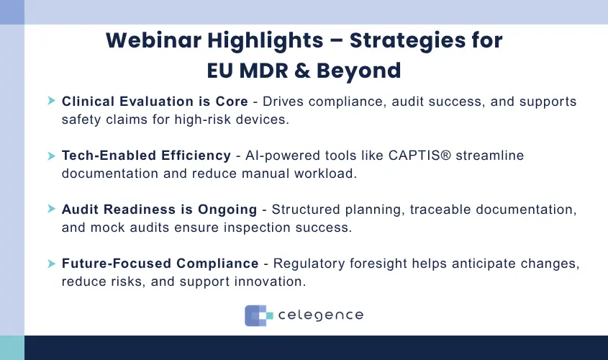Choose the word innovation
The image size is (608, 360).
(271, 282)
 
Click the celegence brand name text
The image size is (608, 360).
(320, 315)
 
